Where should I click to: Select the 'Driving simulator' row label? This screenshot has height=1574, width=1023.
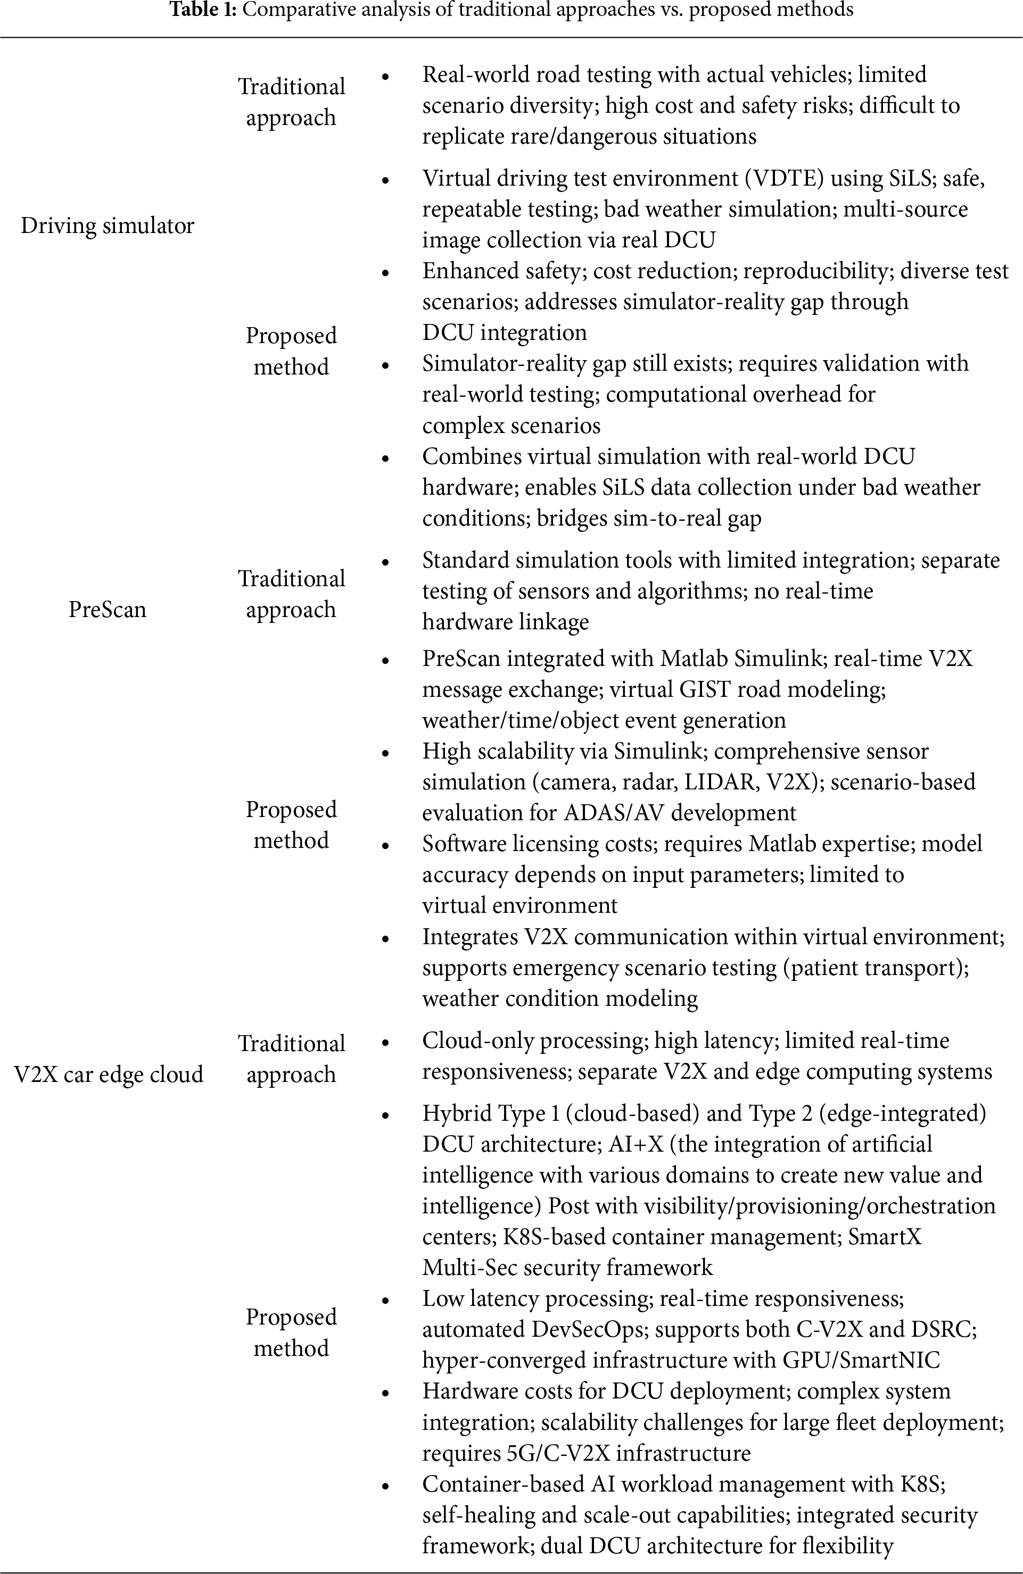107,226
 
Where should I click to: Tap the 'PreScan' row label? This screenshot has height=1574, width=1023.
107,609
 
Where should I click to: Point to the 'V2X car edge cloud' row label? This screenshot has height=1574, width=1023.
109,1075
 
